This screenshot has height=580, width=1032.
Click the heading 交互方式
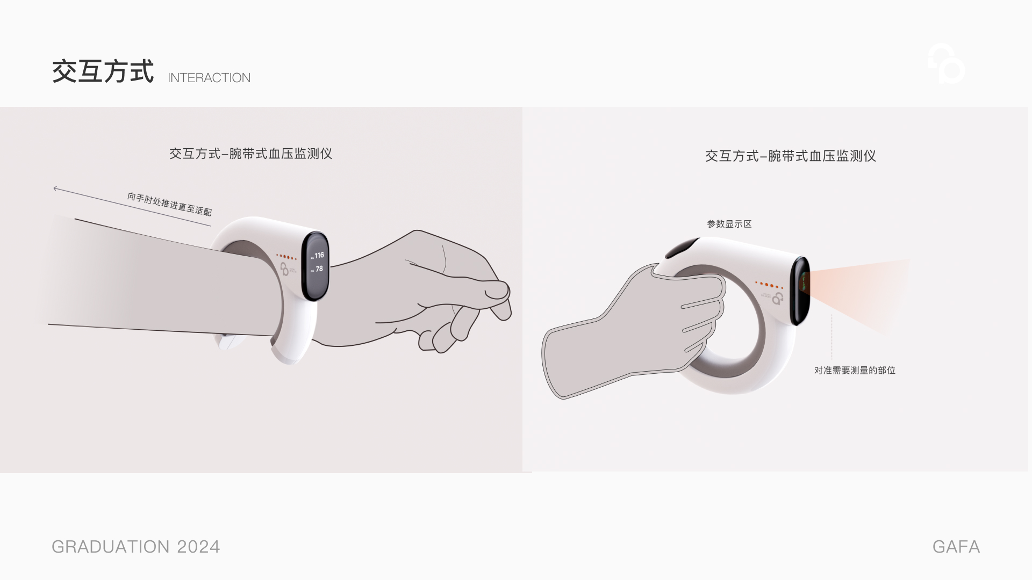(103, 71)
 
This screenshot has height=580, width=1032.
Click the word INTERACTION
(209, 78)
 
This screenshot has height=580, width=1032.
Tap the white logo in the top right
(947, 64)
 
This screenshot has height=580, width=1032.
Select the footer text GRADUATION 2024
(135, 547)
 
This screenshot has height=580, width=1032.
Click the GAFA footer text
(956, 547)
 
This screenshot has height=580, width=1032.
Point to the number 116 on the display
(319, 256)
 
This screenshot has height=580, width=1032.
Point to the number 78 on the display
(319, 269)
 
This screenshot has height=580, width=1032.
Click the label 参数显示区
(729, 224)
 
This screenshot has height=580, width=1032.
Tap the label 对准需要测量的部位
(854, 371)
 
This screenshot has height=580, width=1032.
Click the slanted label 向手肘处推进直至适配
(169, 204)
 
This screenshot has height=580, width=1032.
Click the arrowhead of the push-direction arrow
(55, 188)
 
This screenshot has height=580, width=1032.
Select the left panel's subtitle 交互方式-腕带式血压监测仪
(250, 154)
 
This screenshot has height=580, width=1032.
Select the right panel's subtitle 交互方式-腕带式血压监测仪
(790, 156)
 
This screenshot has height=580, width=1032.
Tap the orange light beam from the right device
(860, 290)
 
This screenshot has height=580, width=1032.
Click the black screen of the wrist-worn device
(316, 266)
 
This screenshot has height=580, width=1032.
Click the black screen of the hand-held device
(800, 290)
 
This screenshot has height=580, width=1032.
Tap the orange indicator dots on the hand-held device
(769, 285)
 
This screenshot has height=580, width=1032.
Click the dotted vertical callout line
(832, 336)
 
